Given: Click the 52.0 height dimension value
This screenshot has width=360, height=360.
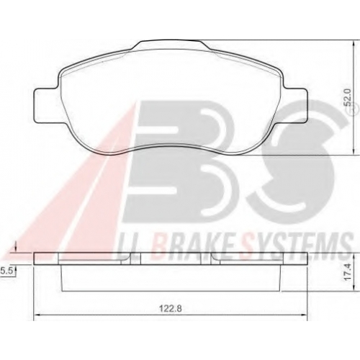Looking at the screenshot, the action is (x=347, y=97).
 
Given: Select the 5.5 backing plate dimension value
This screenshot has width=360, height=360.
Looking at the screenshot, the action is (x=6, y=271).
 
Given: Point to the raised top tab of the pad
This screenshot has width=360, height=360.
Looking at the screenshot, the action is (x=171, y=45).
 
